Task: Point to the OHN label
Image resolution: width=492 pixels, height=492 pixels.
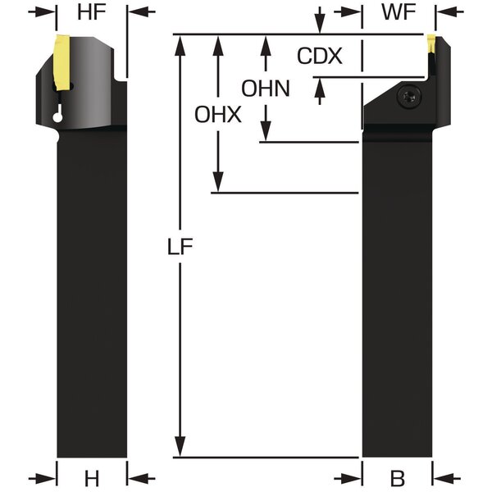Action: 265,88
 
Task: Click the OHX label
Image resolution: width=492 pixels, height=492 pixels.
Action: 218,116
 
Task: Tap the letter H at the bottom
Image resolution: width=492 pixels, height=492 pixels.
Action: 92,478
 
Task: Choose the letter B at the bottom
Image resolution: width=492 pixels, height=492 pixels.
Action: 398,478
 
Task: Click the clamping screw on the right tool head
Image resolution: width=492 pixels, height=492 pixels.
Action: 408,98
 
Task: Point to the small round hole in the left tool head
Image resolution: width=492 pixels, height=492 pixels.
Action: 56,118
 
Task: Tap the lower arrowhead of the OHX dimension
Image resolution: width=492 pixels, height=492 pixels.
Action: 218,185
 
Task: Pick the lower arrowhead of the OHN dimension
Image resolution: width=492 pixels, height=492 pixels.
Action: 265,134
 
